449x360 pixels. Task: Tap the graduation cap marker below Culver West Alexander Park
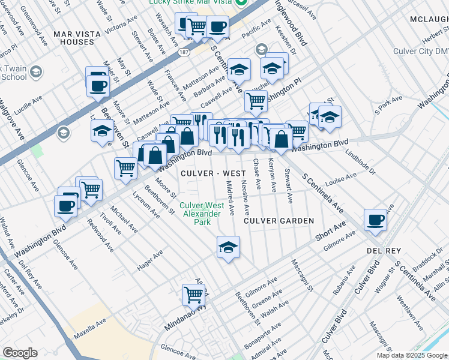tap(228, 247)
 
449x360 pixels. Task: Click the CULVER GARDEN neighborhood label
tap(279, 221)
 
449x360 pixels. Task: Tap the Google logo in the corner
tap(20, 353)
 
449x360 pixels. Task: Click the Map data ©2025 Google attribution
tap(412, 355)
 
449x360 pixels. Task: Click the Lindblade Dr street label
tap(360, 161)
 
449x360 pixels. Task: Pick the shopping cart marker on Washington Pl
tap(256, 103)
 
